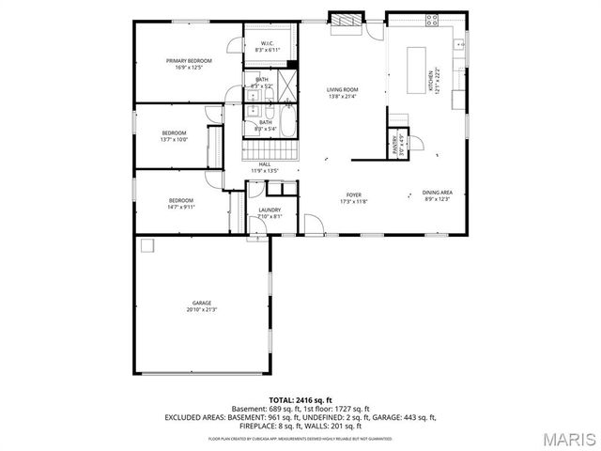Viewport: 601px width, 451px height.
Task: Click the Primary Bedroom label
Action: tap(188, 64)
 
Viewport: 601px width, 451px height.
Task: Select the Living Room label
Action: tap(343, 93)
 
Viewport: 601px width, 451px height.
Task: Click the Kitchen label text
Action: tap(432, 82)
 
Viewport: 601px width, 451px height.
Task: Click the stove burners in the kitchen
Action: tap(434, 19)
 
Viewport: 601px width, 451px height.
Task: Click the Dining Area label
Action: tap(437, 194)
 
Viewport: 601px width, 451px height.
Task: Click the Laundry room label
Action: tap(270, 213)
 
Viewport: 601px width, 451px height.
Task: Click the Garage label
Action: tap(202, 305)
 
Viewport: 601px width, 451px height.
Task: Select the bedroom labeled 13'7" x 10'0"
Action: tap(174, 135)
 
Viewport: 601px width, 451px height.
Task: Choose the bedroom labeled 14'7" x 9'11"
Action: tap(181, 202)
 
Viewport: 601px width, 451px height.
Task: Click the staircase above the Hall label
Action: tap(270, 150)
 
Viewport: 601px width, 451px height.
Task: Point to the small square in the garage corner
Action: tap(146, 246)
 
